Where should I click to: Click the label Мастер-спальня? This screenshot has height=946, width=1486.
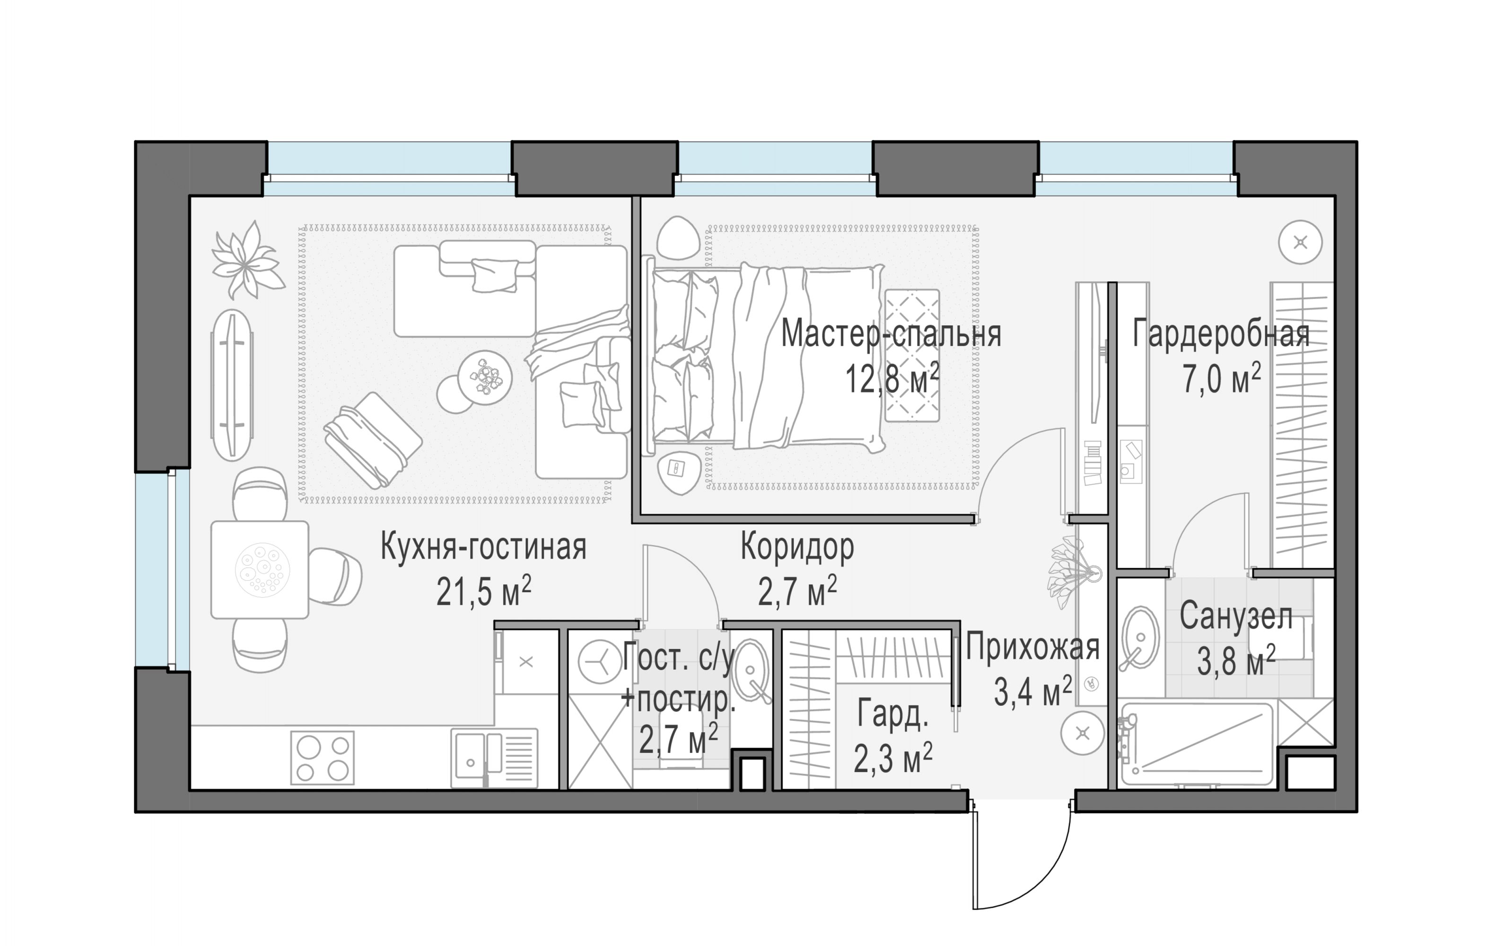[x=891, y=334]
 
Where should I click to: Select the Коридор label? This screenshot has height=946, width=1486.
[x=797, y=547]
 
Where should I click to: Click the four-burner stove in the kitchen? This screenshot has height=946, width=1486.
[x=322, y=758]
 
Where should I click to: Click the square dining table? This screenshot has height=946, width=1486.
[x=260, y=569]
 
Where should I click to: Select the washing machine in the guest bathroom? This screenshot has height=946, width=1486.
[x=599, y=662]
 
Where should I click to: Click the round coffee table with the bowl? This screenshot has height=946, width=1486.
[x=485, y=377]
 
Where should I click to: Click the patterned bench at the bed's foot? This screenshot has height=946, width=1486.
[x=913, y=355]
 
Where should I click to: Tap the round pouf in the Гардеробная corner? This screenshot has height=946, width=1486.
[x=1300, y=242]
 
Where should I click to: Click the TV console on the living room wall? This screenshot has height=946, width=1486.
[x=231, y=385]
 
